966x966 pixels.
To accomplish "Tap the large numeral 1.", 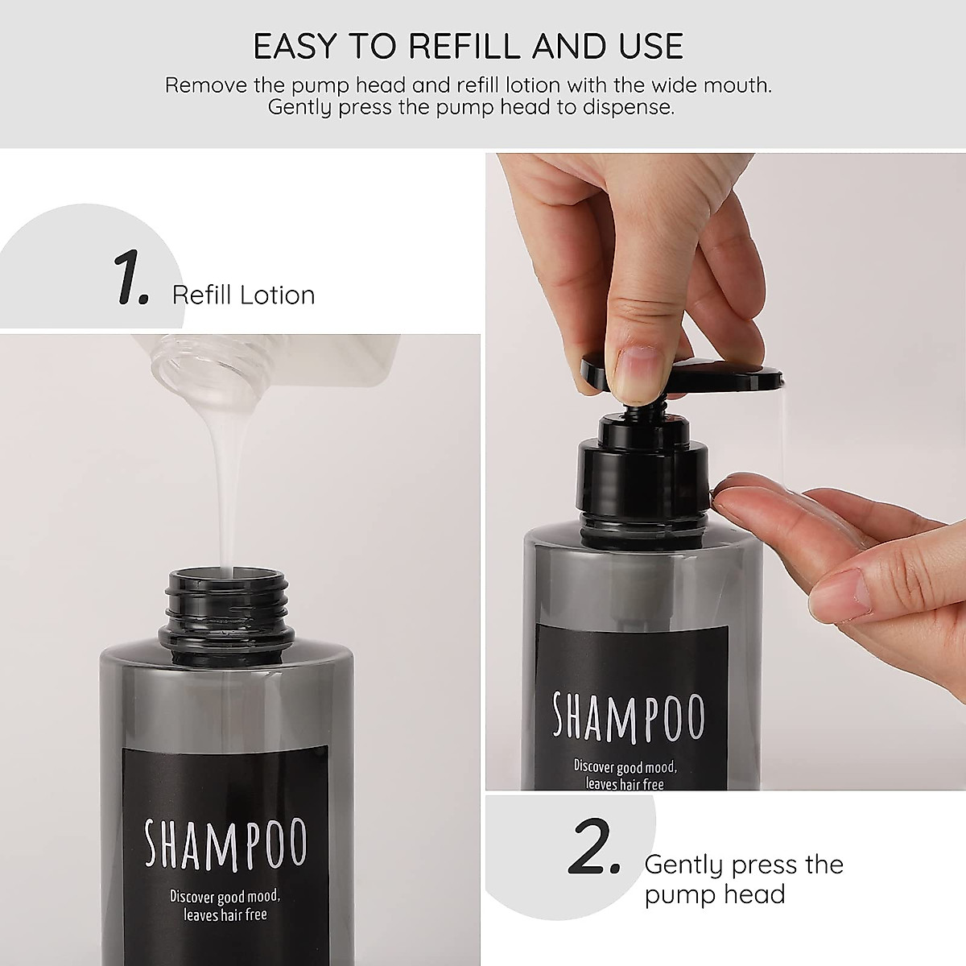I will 130,279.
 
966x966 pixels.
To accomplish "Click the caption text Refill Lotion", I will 243,295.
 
